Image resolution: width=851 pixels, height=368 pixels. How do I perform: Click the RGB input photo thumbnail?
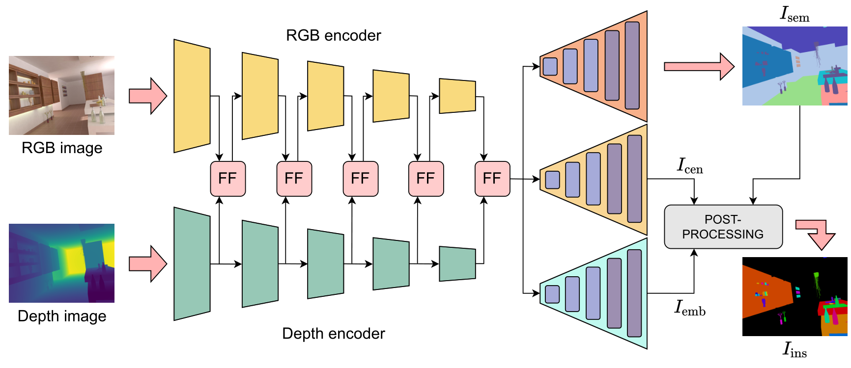[61, 95]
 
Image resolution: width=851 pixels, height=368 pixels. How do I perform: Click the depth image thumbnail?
[61, 263]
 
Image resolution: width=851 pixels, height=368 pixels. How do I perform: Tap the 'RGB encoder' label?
[333, 35]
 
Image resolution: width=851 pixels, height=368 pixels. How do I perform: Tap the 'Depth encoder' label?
[333, 334]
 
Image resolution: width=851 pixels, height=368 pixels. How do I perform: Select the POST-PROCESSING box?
[723, 227]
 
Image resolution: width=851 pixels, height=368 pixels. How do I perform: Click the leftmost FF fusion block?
[227, 179]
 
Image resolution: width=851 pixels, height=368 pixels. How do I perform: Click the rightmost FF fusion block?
[492, 179]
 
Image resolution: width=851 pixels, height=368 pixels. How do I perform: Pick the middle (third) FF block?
[360, 179]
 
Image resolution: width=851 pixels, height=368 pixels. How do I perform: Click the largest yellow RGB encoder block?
[192, 96]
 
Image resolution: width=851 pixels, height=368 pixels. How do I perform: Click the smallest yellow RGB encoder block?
[457, 96]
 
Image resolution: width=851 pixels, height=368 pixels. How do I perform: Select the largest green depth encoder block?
[192, 264]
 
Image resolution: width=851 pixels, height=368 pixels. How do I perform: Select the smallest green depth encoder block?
[457, 263]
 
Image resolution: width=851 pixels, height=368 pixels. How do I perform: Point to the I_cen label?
[690, 166]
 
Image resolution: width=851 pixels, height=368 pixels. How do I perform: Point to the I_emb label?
[690, 308]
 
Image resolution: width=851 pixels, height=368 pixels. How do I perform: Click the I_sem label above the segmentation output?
[794, 14]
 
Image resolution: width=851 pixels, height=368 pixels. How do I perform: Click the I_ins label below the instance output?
[794, 349]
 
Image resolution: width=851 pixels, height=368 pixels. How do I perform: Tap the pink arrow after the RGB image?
[148, 96]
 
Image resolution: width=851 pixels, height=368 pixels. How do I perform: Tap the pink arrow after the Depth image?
[148, 264]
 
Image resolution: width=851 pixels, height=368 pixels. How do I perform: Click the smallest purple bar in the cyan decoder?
[552, 294]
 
